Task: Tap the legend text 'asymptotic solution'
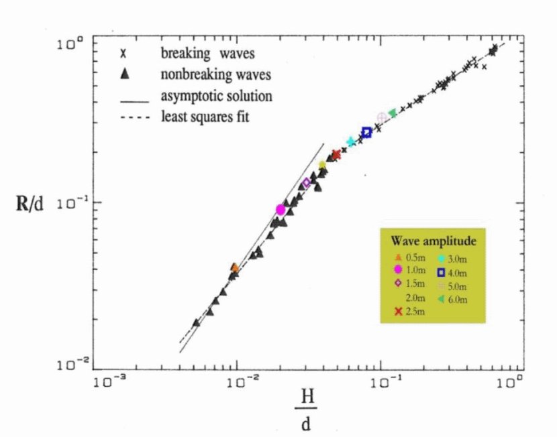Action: tap(216, 96)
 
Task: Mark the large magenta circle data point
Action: tap(281, 210)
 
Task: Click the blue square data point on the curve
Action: tap(366, 133)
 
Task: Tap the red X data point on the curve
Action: tap(336, 155)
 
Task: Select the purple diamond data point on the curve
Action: tap(307, 182)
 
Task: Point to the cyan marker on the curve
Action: tap(351, 142)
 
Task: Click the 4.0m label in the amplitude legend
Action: tap(458, 271)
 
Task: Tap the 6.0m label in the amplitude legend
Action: tap(458, 298)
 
